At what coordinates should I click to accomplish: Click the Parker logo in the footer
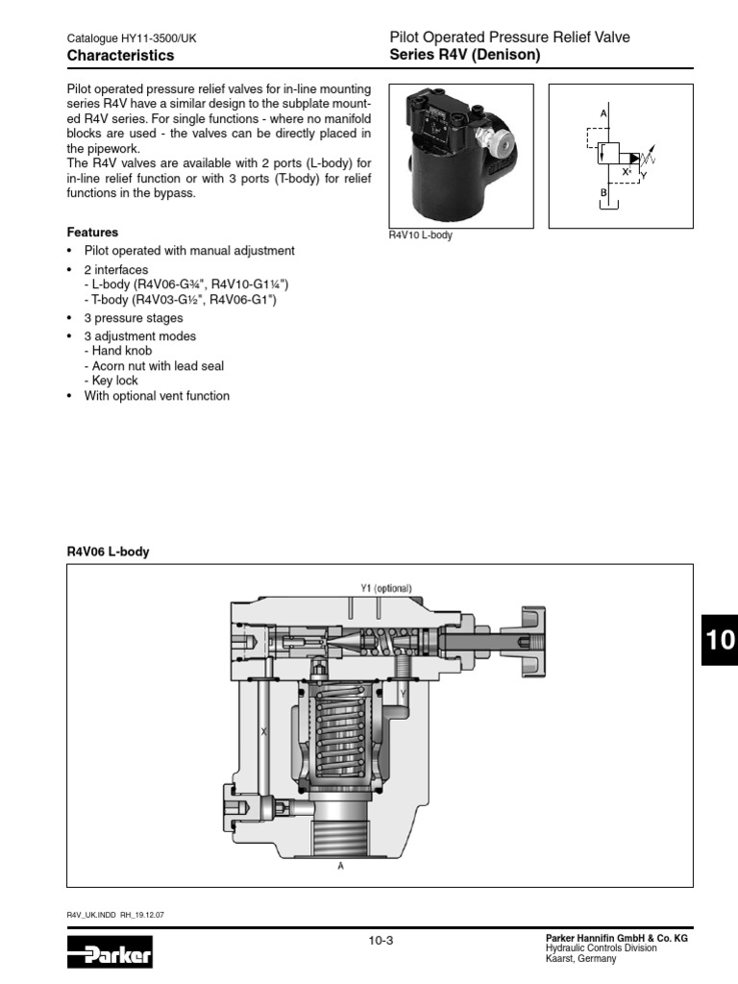click(110, 954)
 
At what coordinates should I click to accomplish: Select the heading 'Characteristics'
click(120, 56)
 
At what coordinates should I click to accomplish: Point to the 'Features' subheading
click(92, 233)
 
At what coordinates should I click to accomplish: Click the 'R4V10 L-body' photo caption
click(420, 236)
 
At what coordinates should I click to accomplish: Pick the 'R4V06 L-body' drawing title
click(108, 552)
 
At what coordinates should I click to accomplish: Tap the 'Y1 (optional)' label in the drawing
click(385, 589)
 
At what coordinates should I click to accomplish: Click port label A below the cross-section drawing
click(340, 865)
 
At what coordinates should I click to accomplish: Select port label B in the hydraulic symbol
click(603, 192)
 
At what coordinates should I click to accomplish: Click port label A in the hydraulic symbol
click(603, 113)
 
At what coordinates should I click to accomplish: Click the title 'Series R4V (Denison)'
click(465, 56)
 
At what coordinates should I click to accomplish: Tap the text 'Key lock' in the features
click(115, 381)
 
